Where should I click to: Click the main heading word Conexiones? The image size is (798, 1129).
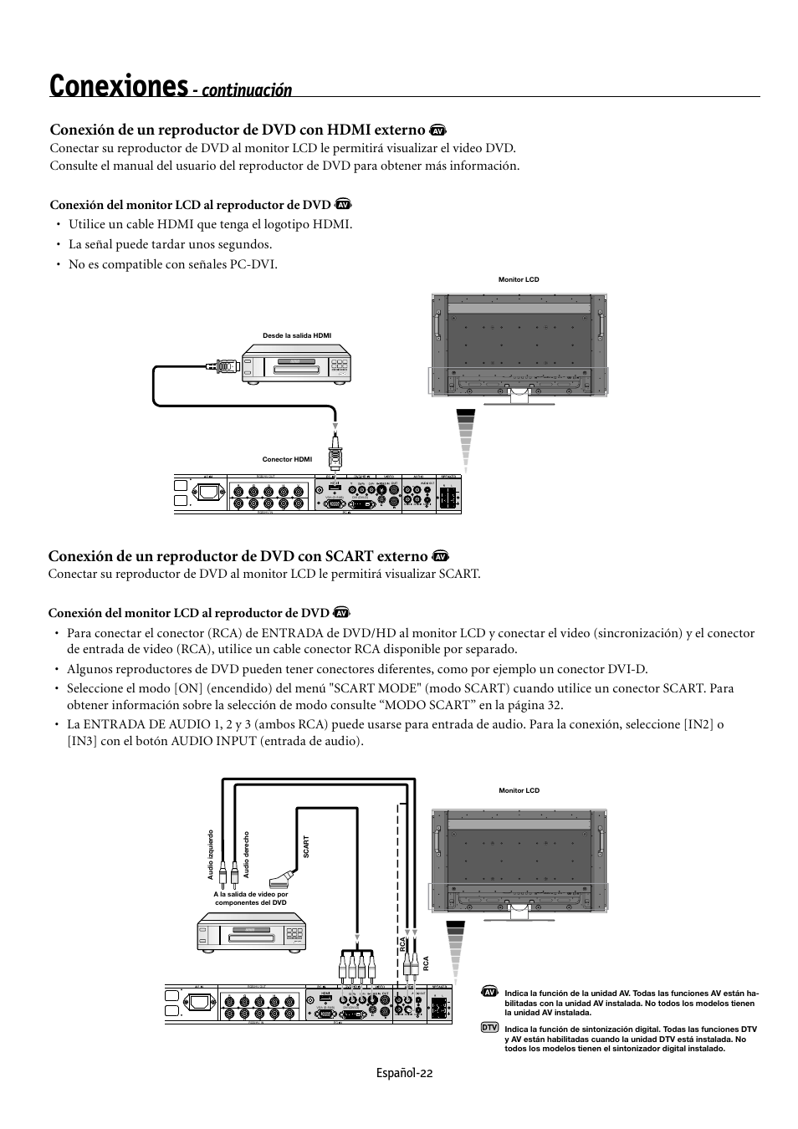pyautogui.click(x=118, y=85)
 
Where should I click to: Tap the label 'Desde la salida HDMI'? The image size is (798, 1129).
pyautogui.click(x=297, y=335)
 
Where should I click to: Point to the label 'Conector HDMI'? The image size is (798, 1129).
pyautogui.click(x=287, y=459)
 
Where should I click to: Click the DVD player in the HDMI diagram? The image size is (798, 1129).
pyautogui.click(x=298, y=365)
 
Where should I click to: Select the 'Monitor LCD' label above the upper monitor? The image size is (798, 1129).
pyautogui.click(x=519, y=279)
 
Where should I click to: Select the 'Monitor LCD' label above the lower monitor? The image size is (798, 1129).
pyautogui.click(x=519, y=790)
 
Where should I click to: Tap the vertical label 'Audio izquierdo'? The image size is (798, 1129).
pyautogui.click(x=211, y=854)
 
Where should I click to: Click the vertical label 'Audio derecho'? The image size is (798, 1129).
pyautogui.click(x=246, y=854)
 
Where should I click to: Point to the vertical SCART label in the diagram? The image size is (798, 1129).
pyautogui.click(x=306, y=847)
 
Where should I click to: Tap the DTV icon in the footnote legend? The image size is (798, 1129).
pyautogui.click(x=490, y=1027)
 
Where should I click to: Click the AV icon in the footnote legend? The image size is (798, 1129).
pyautogui.click(x=490, y=991)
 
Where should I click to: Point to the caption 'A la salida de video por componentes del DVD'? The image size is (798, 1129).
pyautogui.click(x=250, y=898)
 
